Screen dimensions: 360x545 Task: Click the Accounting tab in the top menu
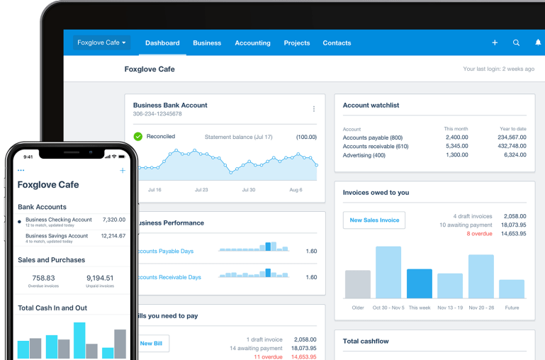(x=252, y=43)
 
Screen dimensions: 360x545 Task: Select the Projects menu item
(x=296, y=43)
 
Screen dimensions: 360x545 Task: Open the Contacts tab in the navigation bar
(x=337, y=43)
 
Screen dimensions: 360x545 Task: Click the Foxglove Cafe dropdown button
(x=101, y=43)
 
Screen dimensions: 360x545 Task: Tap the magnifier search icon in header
(x=516, y=43)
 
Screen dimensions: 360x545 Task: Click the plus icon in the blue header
(x=495, y=43)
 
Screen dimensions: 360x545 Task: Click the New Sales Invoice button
(x=374, y=220)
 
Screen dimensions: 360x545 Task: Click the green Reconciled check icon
(x=138, y=136)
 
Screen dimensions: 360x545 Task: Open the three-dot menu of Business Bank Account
(x=314, y=109)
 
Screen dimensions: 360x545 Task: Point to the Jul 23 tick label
(x=201, y=190)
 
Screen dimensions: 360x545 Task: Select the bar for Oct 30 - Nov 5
(x=388, y=272)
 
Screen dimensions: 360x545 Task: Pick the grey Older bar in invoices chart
(x=357, y=283)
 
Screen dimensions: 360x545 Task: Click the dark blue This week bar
(x=420, y=283)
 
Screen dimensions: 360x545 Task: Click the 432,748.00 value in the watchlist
(x=512, y=146)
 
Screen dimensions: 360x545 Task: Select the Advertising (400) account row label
(x=364, y=155)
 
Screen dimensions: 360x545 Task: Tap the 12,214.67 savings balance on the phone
(x=113, y=236)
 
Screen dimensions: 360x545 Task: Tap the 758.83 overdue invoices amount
(x=43, y=278)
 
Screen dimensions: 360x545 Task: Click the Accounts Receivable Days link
(x=169, y=277)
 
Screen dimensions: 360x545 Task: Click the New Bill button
(x=150, y=344)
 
